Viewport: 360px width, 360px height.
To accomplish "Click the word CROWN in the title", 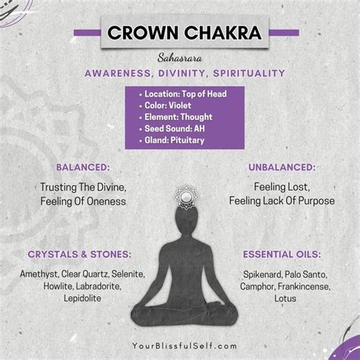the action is pyautogui.click(x=143, y=33).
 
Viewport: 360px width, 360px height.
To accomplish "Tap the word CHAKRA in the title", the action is pyautogui.click(x=223, y=33).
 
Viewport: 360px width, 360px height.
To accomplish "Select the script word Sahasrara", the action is pyautogui.click(x=180, y=58).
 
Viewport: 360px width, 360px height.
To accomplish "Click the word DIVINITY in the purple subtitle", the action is pyautogui.click(x=182, y=74).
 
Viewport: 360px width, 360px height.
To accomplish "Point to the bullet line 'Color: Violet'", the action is pyautogui.click(x=168, y=106).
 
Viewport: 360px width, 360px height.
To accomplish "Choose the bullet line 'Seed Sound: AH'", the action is pyautogui.click(x=175, y=128).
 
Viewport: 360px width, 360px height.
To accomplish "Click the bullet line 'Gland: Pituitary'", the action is pyautogui.click(x=174, y=141).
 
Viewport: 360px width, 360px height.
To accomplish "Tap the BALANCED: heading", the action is pyautogui.click(x=83, y=167).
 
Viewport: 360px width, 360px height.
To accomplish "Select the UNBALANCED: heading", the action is pyautogui.click(x=282, y=167).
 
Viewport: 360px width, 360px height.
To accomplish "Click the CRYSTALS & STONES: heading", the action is pyautogui.click(x=80, y=254).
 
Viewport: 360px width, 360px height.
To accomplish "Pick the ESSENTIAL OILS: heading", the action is pyautogui.click(x=282, y=254).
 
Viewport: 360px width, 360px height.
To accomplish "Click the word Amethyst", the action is pyautogui.click(x=39, y=274).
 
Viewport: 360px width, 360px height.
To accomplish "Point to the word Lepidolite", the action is pyautogui.click(x=82, y=298).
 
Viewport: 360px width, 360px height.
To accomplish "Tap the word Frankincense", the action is pyautogui.click(x=304, y=286).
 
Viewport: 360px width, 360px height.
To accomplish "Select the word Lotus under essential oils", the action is pyautogui.click(x=285, y=298).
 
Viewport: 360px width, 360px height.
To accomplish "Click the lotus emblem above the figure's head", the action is pyautogui.click(x=186, y=197).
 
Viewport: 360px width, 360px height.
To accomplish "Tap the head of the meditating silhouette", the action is pyautogui.click(x=186, y=220).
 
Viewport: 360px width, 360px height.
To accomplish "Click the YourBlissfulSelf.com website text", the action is pyautogui.click(x=185, y=346).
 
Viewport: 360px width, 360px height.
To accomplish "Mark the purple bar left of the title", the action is pyautogui.click(x=87, y=33).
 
